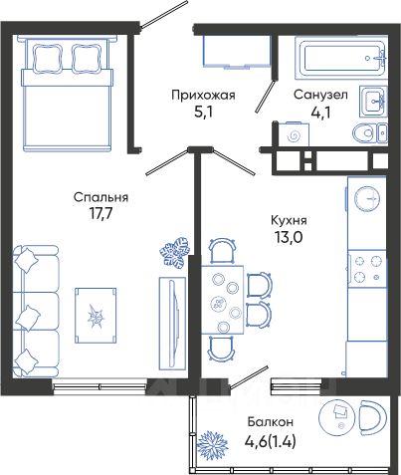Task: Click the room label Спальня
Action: click(x=100, y=198)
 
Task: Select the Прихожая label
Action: click(x=203, y=96)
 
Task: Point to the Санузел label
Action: click(x=320, y=95)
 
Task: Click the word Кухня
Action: click(x=289, y=220)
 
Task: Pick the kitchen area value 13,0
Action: click(x=289, y=237)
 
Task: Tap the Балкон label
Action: click(x=271, y=422)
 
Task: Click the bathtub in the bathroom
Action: click(x=341, y=58)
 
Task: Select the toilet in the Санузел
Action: click(x=370, y=133)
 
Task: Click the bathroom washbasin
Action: click(x=373, y=101)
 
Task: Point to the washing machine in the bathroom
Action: click(x=294, y=134)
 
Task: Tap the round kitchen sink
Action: click(x=367, y=198)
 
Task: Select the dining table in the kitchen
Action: click(x=223, y=300)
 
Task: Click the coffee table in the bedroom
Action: click(x=96, y=316)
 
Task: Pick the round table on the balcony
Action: click(x=336, y=417)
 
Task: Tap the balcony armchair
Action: click(x=373, y=417)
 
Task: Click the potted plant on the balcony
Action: click(x=212, y=445)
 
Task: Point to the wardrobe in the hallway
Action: click(x=236, y=52)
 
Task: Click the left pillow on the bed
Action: click(x=48, y=58)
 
